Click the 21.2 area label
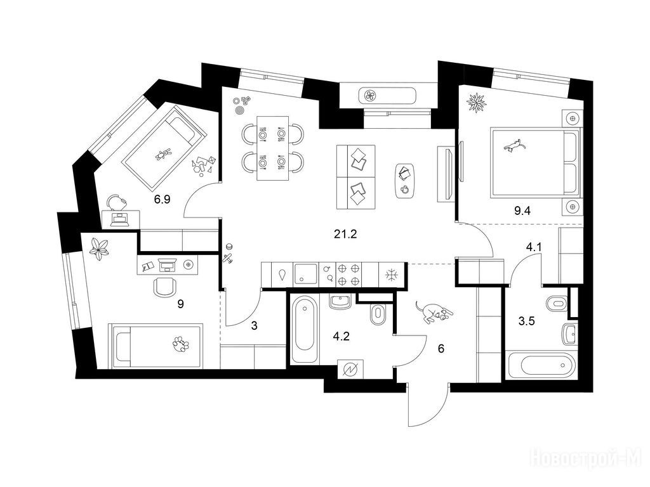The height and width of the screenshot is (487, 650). point(345,235)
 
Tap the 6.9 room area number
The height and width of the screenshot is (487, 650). point(162,200)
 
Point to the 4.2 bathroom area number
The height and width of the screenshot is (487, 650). point(342,336)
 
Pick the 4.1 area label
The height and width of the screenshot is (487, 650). point(534,248)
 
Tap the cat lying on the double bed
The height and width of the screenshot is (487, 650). point(514,146)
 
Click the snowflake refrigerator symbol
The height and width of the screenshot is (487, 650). point(391,275)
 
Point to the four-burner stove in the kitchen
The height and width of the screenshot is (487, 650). point(348,275)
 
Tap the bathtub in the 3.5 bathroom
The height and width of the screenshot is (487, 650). point(541,365)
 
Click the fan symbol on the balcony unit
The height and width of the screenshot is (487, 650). point(370,96)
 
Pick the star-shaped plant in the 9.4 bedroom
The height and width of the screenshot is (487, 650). point(475,102)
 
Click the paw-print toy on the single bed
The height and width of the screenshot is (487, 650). point(182,344)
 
